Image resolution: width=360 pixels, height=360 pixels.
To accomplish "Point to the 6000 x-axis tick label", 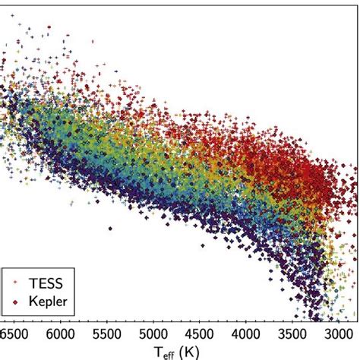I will tap(61, 333).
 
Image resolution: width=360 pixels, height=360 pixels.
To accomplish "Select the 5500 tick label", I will tap(107, 333).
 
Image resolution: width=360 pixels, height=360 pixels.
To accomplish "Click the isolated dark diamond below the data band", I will tap(110, 228).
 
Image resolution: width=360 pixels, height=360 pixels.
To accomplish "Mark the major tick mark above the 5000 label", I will tap(153, 318).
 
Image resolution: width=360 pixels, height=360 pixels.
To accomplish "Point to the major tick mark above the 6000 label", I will tap(61, 318).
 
